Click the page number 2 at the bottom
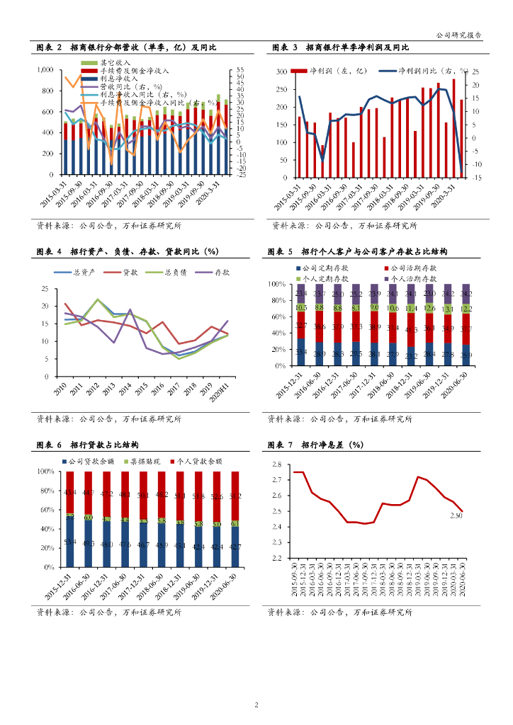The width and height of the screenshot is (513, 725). coord(256,704)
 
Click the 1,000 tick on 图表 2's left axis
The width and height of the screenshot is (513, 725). coord(44,70)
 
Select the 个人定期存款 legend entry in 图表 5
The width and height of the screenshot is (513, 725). coord(326,280)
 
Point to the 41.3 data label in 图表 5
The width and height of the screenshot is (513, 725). coord(411,330)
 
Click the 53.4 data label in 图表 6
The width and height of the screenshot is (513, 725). coord(71,542)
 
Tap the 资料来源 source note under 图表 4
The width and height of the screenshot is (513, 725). coord(109,418)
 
